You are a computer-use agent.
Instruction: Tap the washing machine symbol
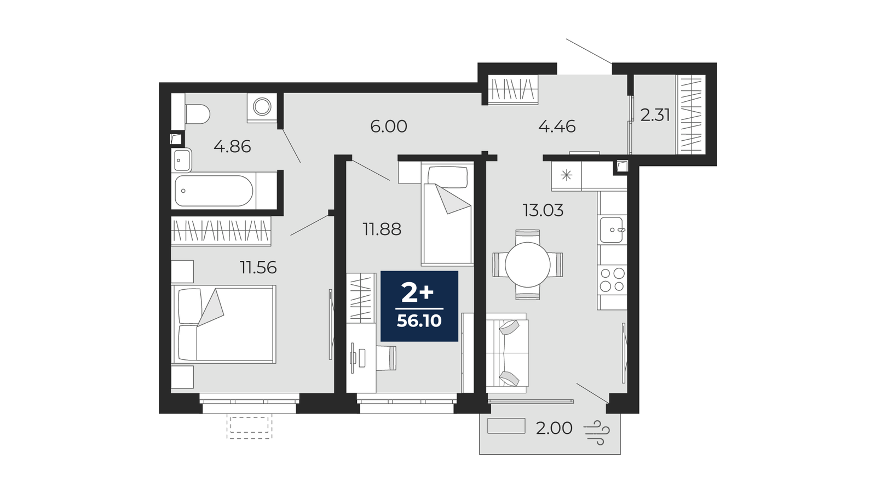pyautogui.click(x=262, y=106)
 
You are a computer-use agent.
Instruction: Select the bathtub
pyautogui.click(x=214, y=191)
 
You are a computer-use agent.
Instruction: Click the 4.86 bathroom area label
pyautogui.click(x=232, y=147)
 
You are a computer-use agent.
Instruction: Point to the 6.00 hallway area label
pyautogui.click(x=389, y=127)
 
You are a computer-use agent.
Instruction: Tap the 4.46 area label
pyautogui.click(x=557, y=127)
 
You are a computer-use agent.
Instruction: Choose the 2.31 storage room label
pyautogui.click(x=655, y=115)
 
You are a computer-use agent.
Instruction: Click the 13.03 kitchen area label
pyautogui.click(x=543, y=210)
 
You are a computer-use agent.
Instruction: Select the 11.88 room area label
pyautogui.click(x=382, y=230)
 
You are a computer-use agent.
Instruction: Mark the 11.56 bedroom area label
pyautogui.click(x=258, y=268)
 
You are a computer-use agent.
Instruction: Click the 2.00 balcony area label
pyautogui.click(x=554, y=428)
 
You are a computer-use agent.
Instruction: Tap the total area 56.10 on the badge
pyautogui.click(x=419, y=321)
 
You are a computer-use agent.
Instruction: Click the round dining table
pyautogui.click(x=528, y=265)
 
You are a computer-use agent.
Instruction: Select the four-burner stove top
pyautogui.click(x=612, y=279)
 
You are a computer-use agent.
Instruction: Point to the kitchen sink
pyautogui.click(x=612, y=230)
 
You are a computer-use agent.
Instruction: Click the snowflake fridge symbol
pyautogui.click(x=566, y=175)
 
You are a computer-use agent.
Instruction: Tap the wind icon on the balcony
pyautogui.click(x=597, y=432)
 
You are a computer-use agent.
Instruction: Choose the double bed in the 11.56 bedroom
pyautogui.click(x=224, y=324)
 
